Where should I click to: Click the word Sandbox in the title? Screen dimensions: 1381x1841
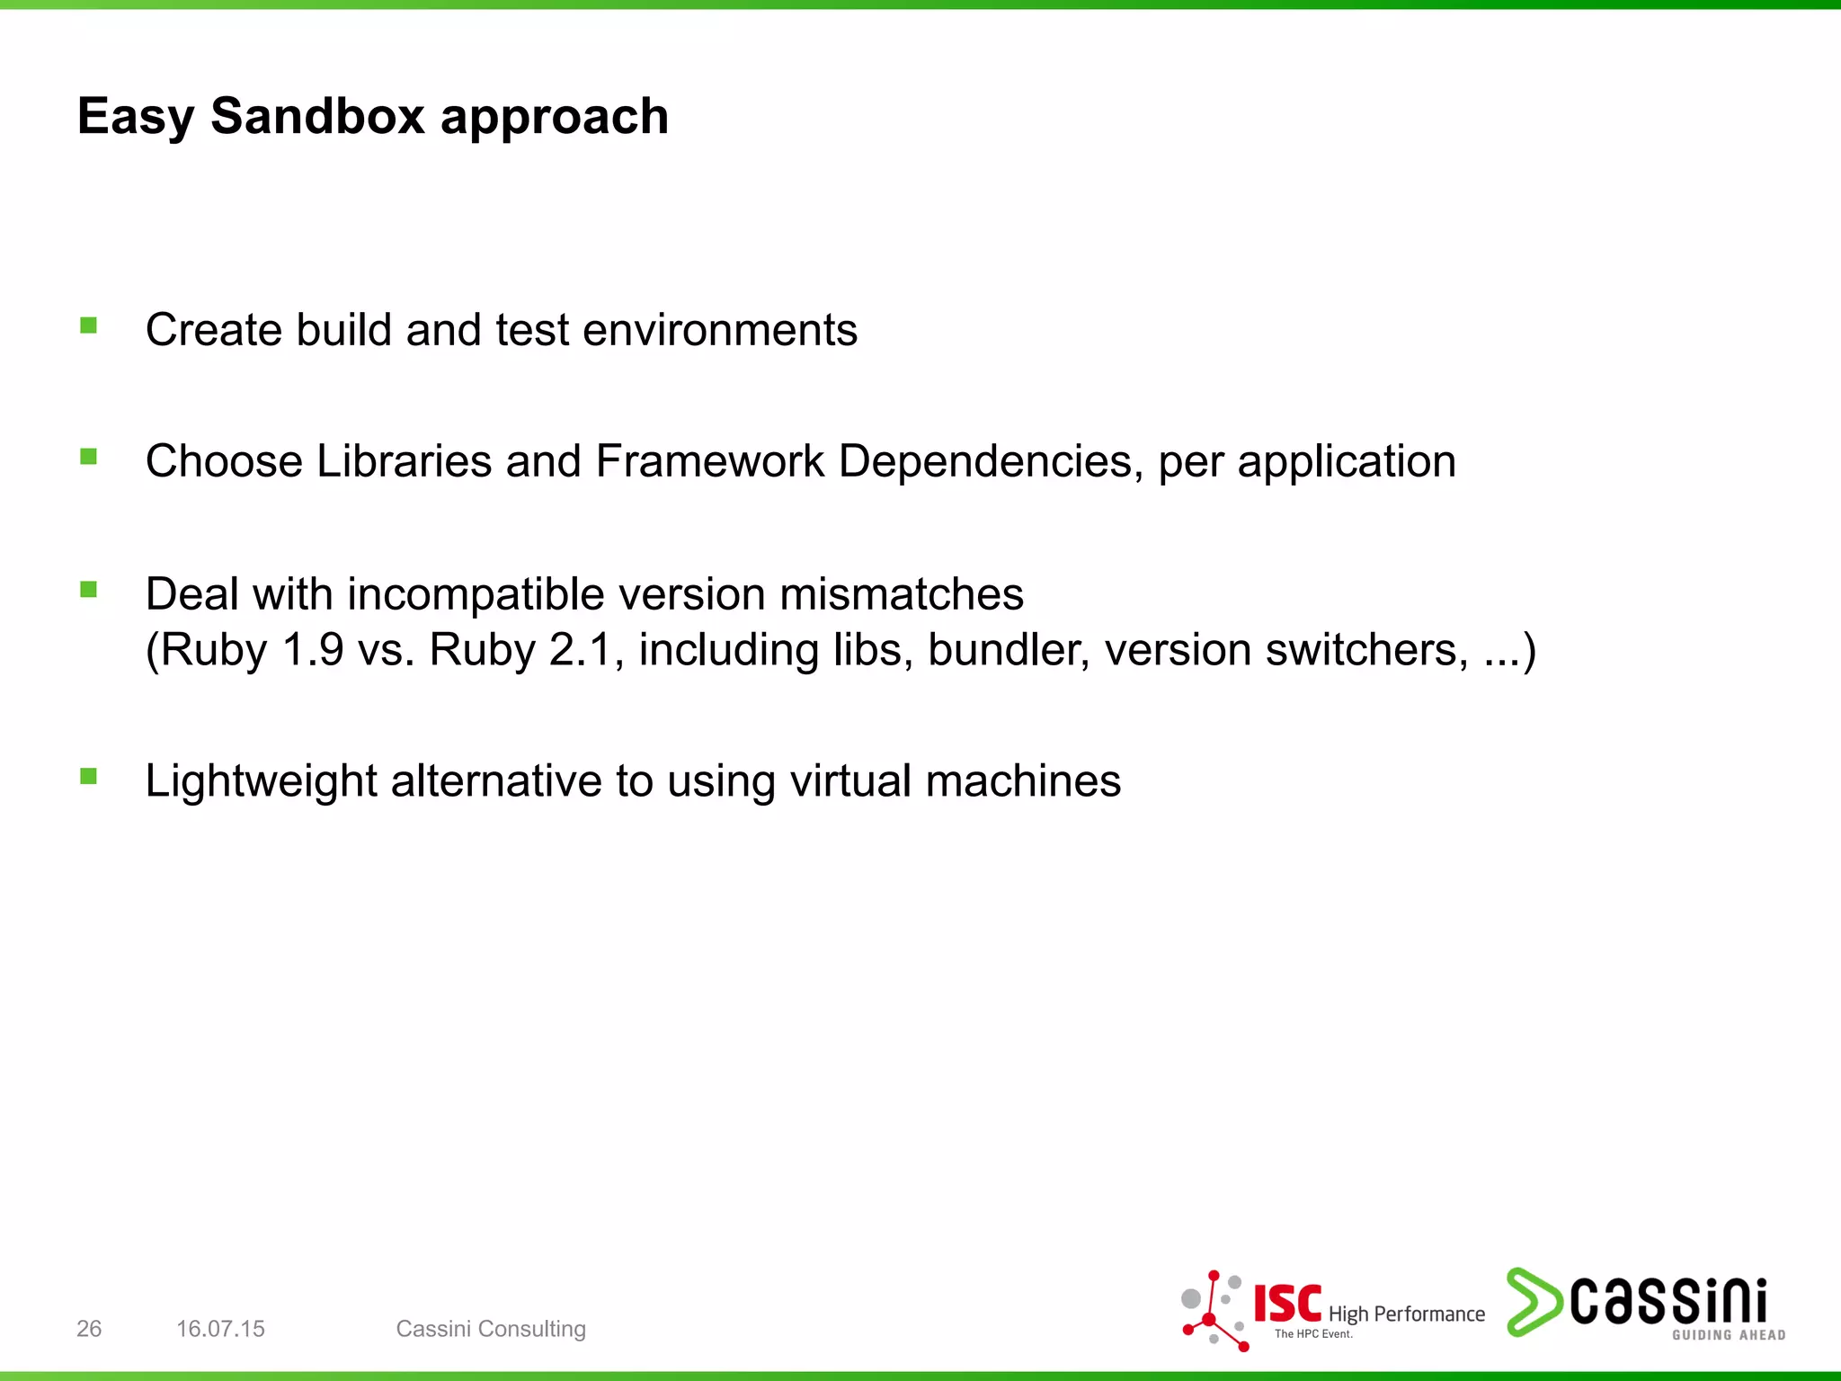pos(316,117)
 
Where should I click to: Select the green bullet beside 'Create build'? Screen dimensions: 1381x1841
pos(88,325)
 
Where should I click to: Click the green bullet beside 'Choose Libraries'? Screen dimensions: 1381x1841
pos(88,457)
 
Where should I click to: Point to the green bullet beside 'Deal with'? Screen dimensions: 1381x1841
pos(88,590)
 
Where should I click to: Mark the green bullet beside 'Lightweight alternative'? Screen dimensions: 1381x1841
pos(88,776)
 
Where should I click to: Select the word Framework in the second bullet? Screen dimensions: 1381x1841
pos(709,461)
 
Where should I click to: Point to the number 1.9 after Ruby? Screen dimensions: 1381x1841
pos(312,650)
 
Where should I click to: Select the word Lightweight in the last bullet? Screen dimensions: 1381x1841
pos(261,781)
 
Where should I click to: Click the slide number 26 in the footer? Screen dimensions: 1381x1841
pos(89,1329)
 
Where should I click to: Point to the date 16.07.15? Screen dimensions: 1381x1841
pos(220,1329)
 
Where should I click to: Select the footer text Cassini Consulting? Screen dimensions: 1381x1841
pos(491,1329)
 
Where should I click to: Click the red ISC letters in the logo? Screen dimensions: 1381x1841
pos(1287,1304)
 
